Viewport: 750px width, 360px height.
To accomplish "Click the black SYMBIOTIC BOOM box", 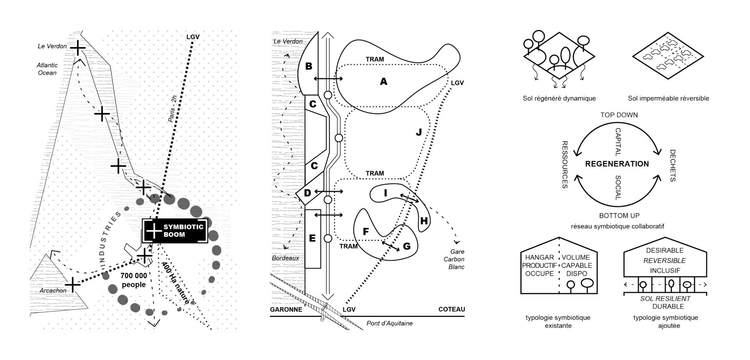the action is coord(175,231).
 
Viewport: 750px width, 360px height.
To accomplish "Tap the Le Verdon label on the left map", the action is coord(52,46).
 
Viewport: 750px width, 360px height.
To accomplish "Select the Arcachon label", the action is coord(53,290).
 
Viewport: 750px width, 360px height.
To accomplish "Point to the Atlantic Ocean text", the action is coord(47,69).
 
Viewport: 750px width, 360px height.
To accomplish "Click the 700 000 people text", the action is coord(134,280).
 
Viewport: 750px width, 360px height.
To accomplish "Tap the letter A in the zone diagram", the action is coord(384,81).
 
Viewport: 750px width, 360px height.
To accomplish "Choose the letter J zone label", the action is coord(419,132).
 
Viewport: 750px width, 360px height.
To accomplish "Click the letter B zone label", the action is coord(309,66).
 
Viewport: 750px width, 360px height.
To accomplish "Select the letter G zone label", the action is coord(407,246).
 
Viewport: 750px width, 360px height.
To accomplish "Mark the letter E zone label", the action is coord(312,238).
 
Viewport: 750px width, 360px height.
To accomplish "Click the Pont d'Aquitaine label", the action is coord(389,323).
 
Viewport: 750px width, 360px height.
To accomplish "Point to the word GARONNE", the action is coord(286,310).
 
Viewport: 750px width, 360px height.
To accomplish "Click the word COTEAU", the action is coord(452,310).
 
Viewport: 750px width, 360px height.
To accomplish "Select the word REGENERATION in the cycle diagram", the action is coord(617,164).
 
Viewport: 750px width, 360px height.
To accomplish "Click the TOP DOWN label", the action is coord(619,115).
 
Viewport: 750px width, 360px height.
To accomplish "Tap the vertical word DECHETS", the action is coord(673,165).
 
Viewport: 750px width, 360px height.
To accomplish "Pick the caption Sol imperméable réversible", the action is coord(668,99).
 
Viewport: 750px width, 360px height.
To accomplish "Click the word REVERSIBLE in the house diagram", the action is coord(664,261).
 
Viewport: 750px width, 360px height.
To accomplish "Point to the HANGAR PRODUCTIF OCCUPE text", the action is coord(539,265).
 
